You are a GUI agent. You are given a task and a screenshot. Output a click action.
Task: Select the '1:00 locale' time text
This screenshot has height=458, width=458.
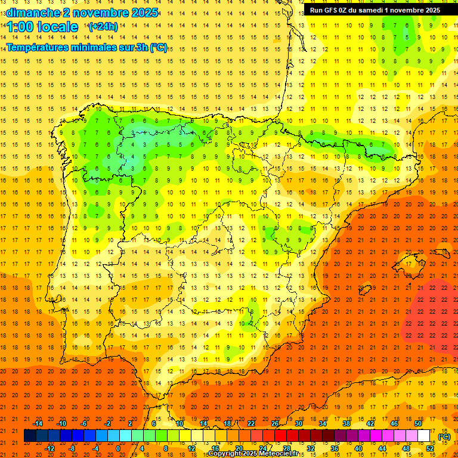coord(42,27)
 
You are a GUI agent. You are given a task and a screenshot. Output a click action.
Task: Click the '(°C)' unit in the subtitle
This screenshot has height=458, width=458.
coord(159,48)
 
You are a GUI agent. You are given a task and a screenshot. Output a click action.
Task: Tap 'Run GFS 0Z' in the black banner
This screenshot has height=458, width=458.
coord(330,10)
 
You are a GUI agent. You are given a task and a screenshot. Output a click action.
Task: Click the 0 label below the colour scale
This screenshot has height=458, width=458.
coord(117,448)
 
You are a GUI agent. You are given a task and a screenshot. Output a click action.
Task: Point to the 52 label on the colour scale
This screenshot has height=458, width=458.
coord(430,448)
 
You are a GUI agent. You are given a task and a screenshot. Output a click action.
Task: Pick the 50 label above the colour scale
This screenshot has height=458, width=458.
coord(417,423)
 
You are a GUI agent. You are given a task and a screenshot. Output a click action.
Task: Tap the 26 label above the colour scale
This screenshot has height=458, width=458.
coord(275,423)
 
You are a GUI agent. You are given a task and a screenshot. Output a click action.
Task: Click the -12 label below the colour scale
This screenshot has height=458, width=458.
coord(49,448)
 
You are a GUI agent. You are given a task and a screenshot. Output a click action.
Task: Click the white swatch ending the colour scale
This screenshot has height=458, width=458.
coord(424,436)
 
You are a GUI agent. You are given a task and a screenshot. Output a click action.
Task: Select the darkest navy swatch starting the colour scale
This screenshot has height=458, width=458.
coord(30,436)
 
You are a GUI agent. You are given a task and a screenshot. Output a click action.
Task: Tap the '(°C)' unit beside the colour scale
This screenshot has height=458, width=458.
coord(444,437)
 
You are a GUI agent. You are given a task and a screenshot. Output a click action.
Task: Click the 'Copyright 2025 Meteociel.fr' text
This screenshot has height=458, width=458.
coord(253,454)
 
